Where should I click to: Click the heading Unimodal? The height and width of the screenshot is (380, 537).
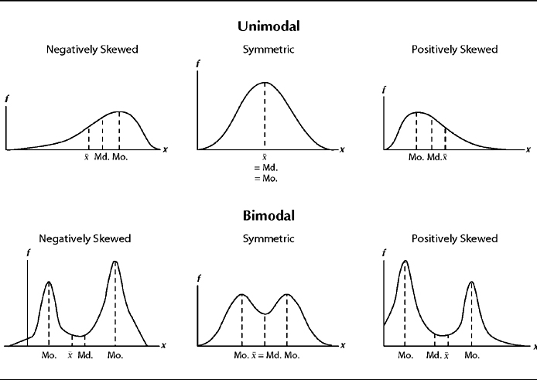[268, 26]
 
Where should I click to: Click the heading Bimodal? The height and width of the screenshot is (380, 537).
[268, 215]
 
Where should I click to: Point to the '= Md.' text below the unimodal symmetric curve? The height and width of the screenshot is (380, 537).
[265, 167]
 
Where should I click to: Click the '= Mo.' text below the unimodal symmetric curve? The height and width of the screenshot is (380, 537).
[265, 178]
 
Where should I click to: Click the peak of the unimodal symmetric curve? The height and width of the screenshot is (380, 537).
[265, 82]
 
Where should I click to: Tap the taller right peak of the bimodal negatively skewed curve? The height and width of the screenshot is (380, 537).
[115, 262]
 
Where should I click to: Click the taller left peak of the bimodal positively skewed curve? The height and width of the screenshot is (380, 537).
[404, 262]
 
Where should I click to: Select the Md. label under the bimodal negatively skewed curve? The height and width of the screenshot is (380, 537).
[85, 355]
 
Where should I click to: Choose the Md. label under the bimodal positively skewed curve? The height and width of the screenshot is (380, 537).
[433, 355]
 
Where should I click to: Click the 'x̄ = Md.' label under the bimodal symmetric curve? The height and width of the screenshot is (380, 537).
[265, 355]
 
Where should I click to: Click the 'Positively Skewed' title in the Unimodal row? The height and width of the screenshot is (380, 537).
[454, 50]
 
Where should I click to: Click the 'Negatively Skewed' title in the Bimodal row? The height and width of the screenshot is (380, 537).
[88, 238]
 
